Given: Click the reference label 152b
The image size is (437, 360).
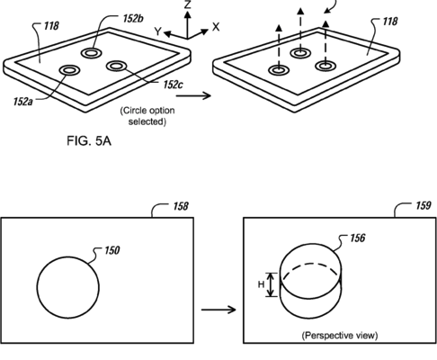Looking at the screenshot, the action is pyautogui.click(x=133, y=19).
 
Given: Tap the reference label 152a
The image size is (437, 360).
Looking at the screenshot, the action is pyautogui.click(x=22, y=102).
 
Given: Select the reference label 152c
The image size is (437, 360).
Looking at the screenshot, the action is pyautogui.click(x=173, y=85).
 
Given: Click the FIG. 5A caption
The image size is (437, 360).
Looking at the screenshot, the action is pyautogui.click(x=89, y=140).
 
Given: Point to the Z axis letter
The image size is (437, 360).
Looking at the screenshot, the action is pyautogui.click(x=188, y=4).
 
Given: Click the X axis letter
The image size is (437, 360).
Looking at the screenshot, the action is pyautogui.click(x=216, y=27).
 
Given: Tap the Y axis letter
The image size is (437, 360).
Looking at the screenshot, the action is pyautogui.click(x=158, y=31).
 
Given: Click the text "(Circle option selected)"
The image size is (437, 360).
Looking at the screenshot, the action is pyautogui.click(x=147, y=116).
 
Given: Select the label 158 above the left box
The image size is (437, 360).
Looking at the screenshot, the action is pyautogui.click(x=181, y=206).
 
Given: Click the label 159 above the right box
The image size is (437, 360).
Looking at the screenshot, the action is pyautogui.click(x=424, y=205).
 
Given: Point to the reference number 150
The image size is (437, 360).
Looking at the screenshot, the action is pyautogui.click(x=111, y=250).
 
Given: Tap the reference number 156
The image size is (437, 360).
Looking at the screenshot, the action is pyautogui.click(x=358, y=238).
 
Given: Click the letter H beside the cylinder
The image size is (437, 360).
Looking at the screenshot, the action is pyautogui.click(x=262, y=284).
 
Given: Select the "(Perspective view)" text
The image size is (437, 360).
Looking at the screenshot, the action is pyautogui.click(x=340, y=335).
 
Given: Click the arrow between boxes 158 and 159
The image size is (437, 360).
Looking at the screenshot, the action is pyautogui.click(x=218, y=310).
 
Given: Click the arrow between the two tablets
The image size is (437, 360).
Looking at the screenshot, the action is pyautogui.click(x=193, y=95).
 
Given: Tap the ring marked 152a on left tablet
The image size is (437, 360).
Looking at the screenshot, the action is pyautogui.click(x=69, y=70).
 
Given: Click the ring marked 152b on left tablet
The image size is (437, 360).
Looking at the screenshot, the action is pyautogui.click(x=91, y=53).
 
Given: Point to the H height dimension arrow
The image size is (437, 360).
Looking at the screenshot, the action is pyautogui.click(x=272, y=284).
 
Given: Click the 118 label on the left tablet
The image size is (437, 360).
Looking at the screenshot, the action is pyautogui.click(x=51, y=26).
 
